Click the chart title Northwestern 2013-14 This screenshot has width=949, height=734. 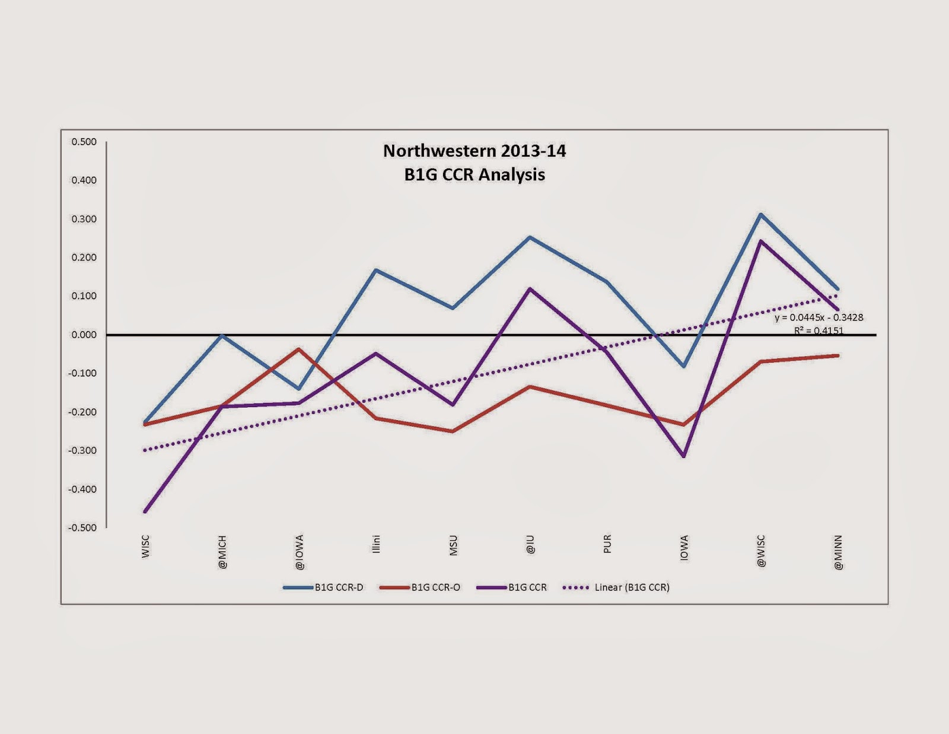coord(474,151)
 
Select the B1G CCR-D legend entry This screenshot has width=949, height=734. coord(339,587)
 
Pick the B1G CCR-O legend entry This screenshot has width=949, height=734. coord(435,587)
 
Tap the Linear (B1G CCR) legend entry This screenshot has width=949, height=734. coord(632,587)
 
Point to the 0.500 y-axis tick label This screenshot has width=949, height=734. coord(84,142)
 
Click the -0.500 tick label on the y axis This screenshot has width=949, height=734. coord(82,528)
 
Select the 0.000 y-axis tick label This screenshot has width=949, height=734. coord(84,335)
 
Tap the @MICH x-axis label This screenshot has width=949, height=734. coord(222,552)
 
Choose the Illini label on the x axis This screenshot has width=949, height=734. coord(376,544)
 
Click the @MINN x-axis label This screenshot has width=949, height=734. coord(837,552)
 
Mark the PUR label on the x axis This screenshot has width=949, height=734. coord(607,544)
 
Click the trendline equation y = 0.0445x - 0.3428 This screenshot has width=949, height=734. coord(819,318)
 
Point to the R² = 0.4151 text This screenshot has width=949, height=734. coord(819,331)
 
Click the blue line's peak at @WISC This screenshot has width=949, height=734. coord(760,214)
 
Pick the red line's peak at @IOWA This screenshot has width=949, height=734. coord(300,349)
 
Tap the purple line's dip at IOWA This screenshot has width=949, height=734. coord(684,456)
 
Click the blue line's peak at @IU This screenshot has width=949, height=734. coord(530,237)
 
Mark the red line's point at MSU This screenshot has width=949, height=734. coord(453,431)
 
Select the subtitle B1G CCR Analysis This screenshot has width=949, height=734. coord(474,175)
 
